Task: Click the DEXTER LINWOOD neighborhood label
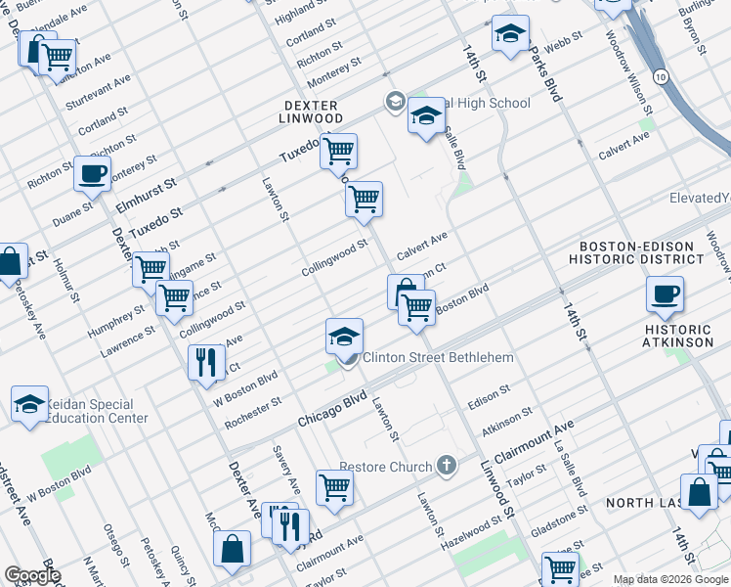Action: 312,113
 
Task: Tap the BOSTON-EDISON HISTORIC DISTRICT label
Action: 641,253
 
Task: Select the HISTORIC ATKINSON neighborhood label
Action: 678,336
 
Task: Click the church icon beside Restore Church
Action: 447,465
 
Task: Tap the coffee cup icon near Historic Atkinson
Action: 665,293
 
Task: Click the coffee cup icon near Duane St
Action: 92,174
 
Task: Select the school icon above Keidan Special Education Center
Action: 30,403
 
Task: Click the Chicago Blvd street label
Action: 331,409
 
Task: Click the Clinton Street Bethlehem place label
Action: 438,358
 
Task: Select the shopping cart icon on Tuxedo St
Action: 338,152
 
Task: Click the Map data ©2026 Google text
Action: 670,579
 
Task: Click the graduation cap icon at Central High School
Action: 425,117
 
